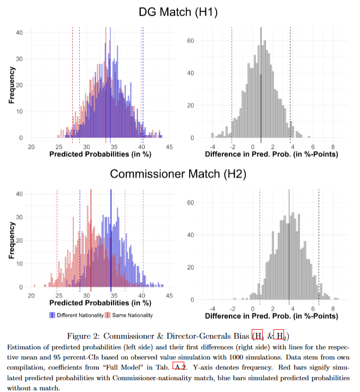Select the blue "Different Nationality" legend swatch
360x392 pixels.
click(x=52, y=315)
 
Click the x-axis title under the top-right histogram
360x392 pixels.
click(x=271, y=154)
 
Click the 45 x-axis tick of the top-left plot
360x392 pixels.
click(x=169, y=146)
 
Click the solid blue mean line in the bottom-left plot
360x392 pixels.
click(x=110, y=239)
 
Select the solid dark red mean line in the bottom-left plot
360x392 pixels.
click(x=91, y=239)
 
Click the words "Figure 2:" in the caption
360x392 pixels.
click(x=84, y=336)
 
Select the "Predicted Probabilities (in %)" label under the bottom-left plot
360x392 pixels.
click(x=100, y=303)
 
